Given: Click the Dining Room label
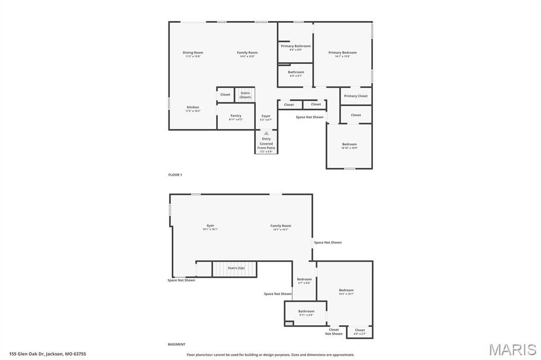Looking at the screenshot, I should coord(193,53).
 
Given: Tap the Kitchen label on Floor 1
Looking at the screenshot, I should coord(193,108).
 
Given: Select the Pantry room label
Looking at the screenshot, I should coord(236,116).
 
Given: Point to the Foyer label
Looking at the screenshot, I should coord(266,116).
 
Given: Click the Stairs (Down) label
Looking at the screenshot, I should coord(245,95).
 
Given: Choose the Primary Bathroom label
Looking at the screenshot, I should coord(296,46).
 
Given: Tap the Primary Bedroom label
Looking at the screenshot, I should coord(342,53).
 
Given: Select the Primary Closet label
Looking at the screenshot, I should coord(356,96).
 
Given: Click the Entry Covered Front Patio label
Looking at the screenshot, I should coord(266,144).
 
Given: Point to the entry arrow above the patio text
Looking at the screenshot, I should coord(266,134).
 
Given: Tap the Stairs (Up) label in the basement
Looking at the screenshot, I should coord(236,268).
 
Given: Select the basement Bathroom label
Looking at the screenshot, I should coord(306,311).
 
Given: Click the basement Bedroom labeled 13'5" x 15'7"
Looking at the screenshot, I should coord(346,290).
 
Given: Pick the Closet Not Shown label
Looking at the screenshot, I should coord(334,331).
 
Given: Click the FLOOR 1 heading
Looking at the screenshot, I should coord(175,174).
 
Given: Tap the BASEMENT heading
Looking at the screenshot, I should coord(176,344).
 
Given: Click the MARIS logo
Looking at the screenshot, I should coord(512,349).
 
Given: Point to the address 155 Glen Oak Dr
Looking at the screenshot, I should coord(48,354).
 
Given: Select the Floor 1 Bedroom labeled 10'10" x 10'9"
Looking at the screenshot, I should coord(349,145).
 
